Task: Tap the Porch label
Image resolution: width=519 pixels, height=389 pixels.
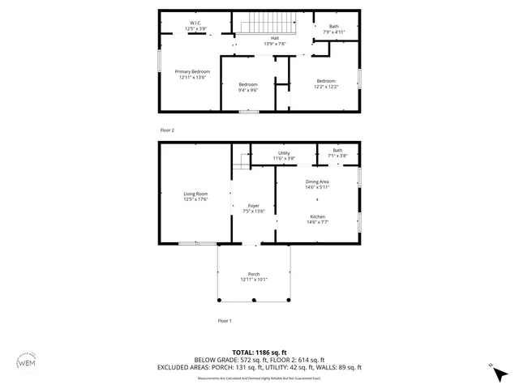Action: (254, 276)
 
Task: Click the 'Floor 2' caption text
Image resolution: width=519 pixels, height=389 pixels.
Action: (166, 130)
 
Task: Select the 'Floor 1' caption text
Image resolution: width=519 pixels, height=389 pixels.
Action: (225, 321)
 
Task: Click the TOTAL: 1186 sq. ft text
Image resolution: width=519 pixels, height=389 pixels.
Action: (259, 353)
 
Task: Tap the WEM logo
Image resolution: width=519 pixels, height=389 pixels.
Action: (27, 362)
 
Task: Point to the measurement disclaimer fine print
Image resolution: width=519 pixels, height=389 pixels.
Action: (259, 378)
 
